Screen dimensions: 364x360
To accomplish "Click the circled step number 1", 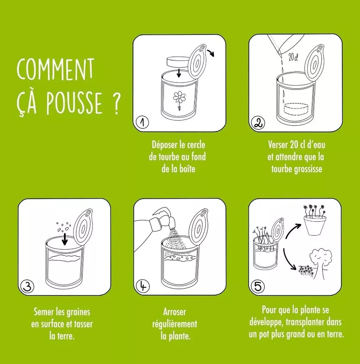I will point(142,122).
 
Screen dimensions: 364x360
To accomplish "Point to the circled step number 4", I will point(143,285).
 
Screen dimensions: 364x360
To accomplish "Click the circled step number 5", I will point(258,285).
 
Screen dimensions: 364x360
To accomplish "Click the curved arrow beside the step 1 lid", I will point(212,53).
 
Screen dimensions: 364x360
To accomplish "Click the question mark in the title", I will point(116,104).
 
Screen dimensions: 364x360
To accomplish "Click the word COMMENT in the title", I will point(55,69).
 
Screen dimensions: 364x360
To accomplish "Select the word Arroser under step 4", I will point(175,312).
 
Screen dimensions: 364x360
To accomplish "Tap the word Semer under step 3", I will point(44,312).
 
